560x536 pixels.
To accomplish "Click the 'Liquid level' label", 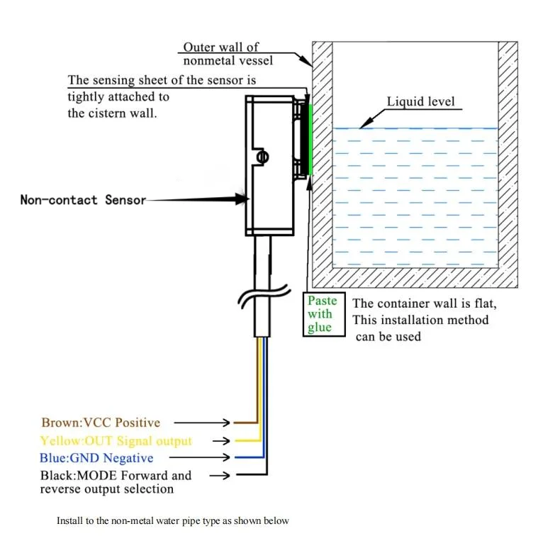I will click(x=420, y=101).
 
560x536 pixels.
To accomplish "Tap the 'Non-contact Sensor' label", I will click(x=83, y=200).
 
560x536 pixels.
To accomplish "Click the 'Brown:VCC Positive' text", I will click(x=101, y=423).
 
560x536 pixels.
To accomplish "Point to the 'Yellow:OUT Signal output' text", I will click(x=116, y=441).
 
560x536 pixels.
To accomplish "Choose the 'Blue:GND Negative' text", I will click(x=97, y=458).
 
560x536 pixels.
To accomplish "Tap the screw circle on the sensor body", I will click(x=262, y=157).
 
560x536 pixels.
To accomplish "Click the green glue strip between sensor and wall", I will click(x=310, y=139).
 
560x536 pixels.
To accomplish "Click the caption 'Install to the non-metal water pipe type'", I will click(x=173, y=521).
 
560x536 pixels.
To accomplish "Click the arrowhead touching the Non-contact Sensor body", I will click(x=237, y=201).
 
